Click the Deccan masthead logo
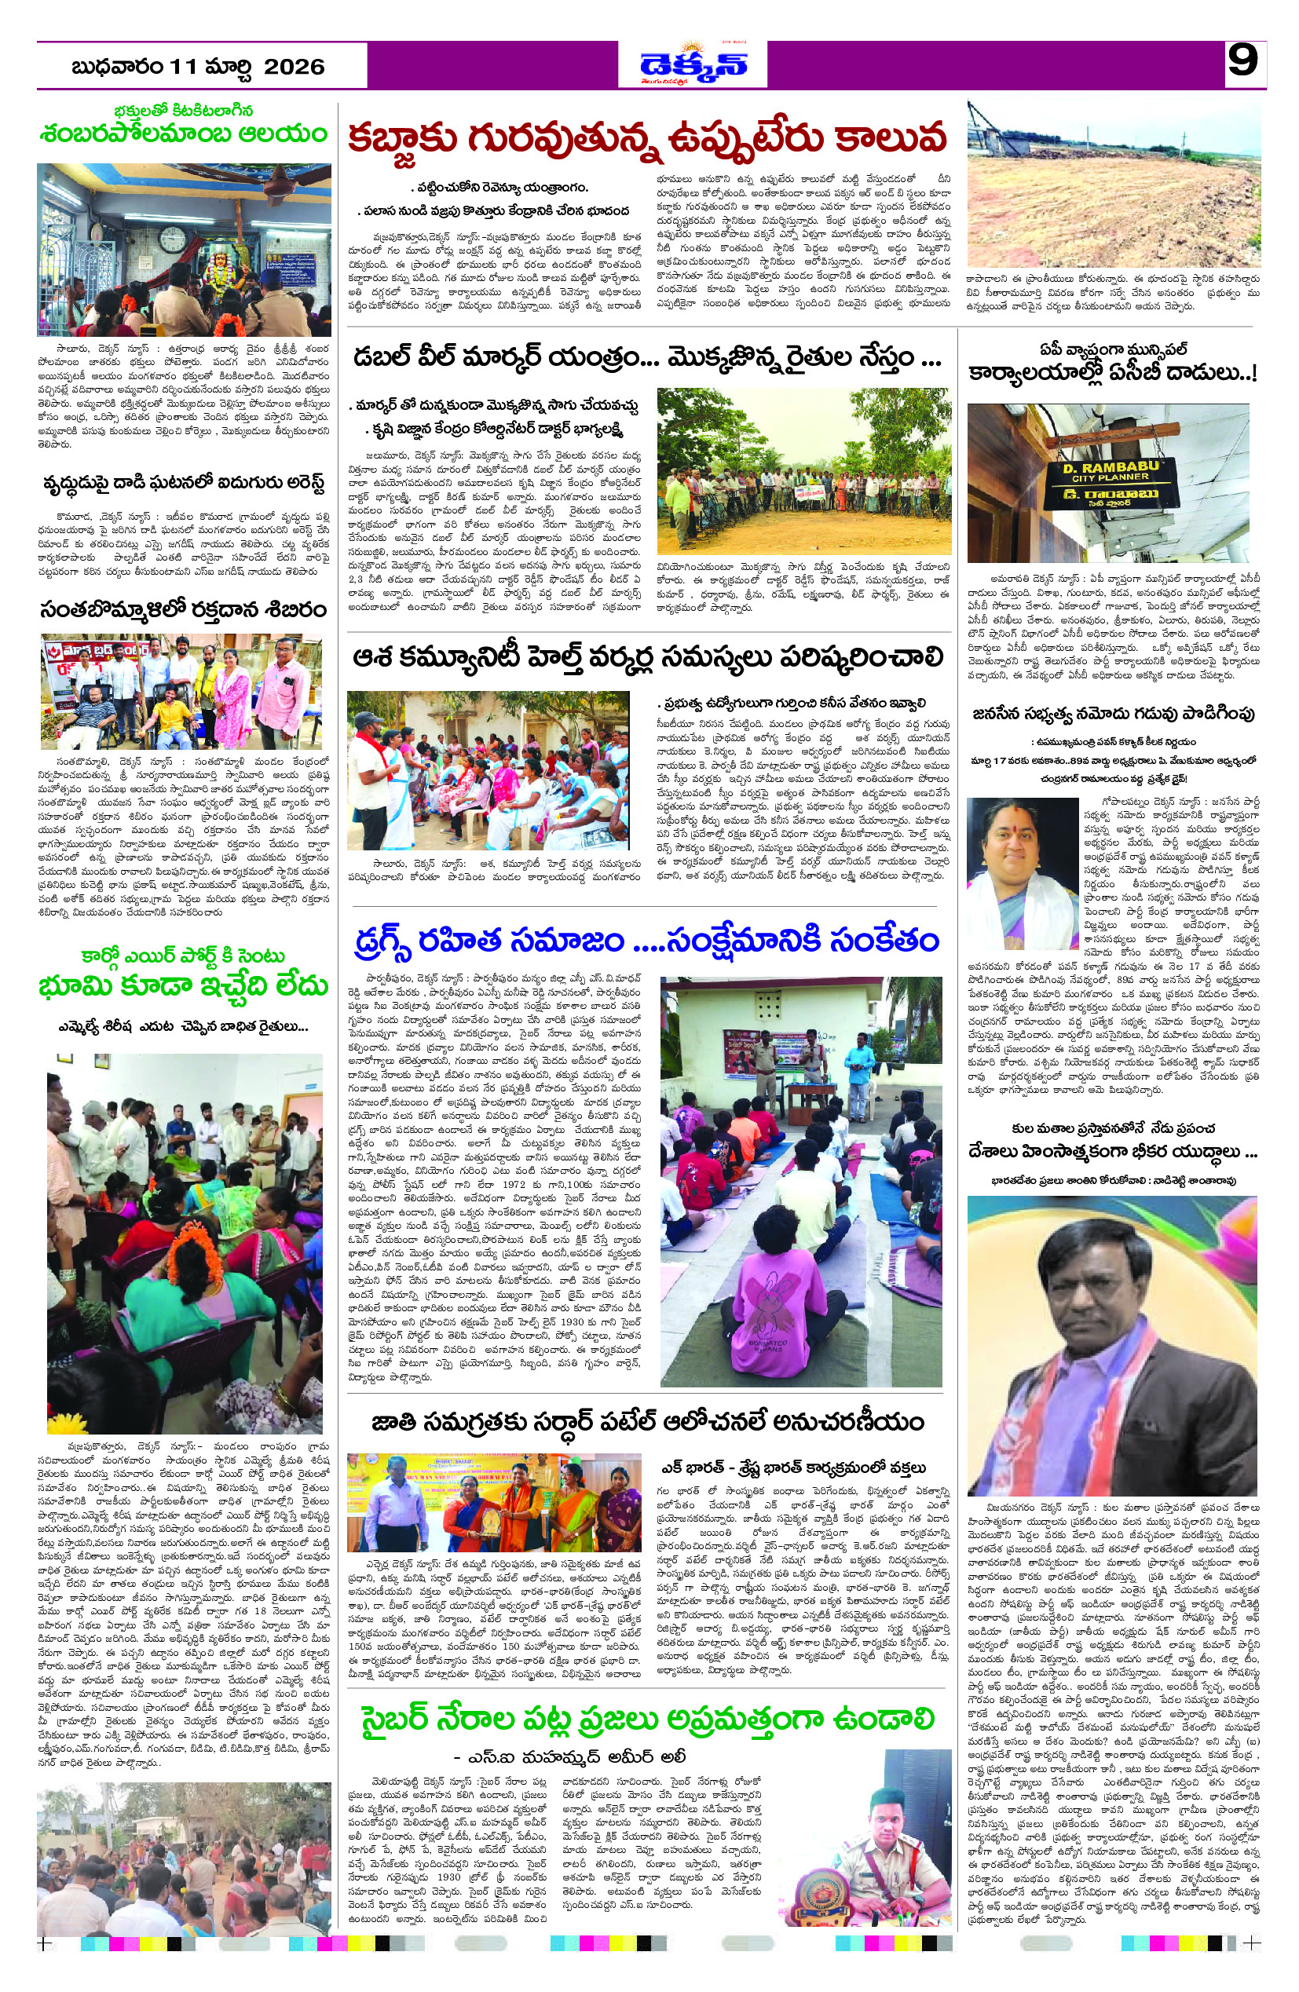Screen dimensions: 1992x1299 693,64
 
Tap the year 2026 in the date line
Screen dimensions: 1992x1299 294,67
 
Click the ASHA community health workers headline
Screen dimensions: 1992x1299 648,658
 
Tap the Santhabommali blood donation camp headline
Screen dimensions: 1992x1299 183,609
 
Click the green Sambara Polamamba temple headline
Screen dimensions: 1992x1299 183,134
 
